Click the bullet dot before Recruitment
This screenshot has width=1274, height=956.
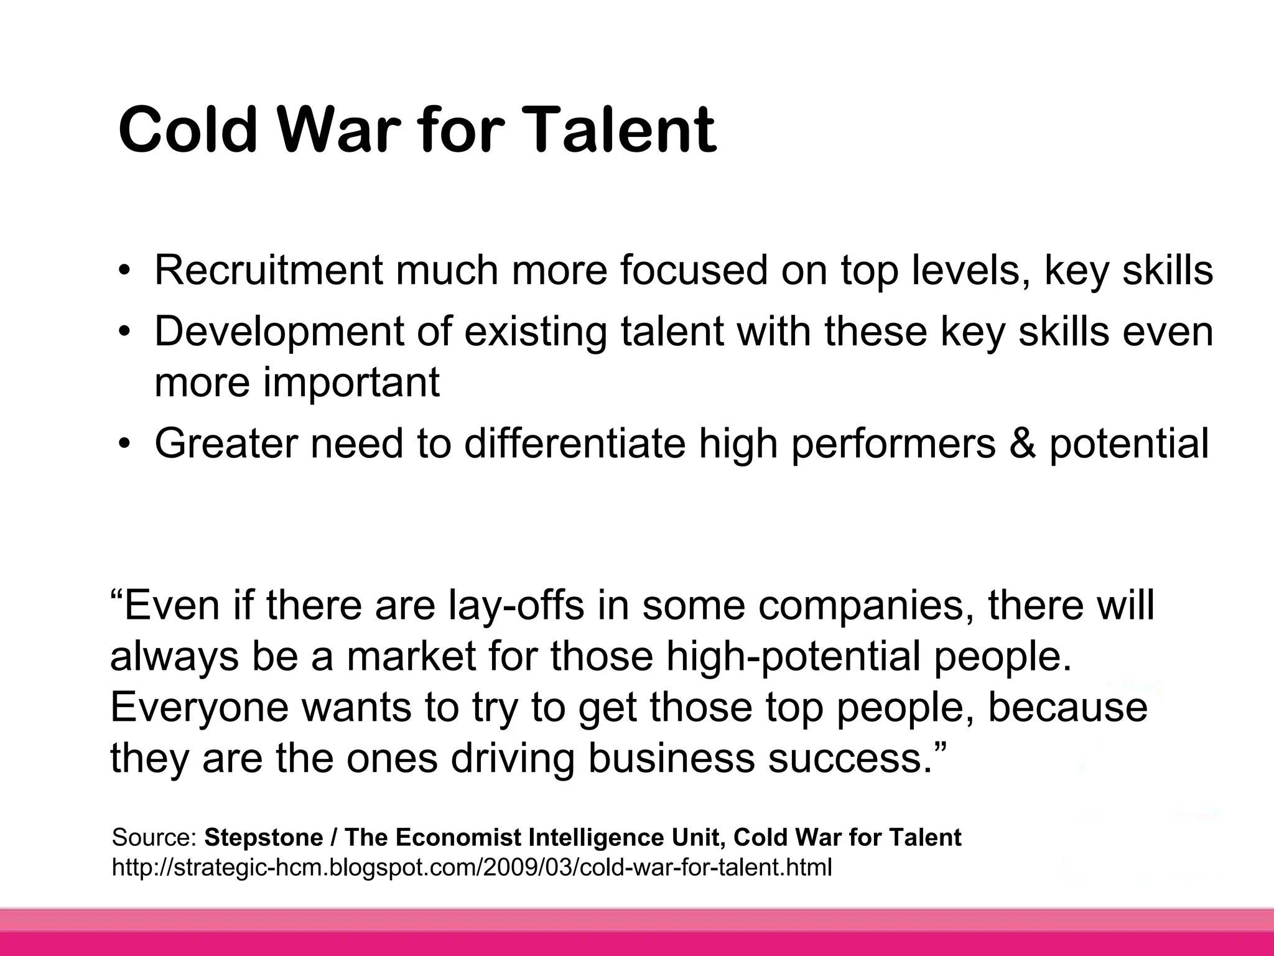[126, 271]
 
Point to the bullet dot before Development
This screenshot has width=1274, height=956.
[126, 331]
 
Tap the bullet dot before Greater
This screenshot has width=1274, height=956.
[126, 443]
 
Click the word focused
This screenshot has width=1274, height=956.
[694, 271]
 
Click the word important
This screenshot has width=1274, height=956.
[351, 382]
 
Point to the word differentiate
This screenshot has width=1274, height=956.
[575, 443]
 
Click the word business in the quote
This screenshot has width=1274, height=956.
[672, 759]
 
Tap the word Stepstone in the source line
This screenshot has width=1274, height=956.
[264, 838]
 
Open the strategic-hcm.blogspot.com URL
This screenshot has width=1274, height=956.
[472, 866]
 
